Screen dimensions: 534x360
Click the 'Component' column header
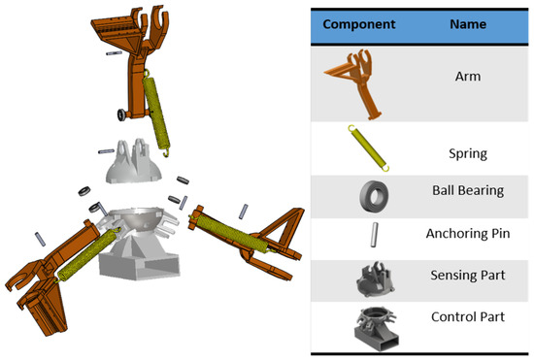(x=359, y=24)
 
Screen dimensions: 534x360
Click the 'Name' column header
(x=468, y=24)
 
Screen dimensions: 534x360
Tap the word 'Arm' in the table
(x=468, y=77)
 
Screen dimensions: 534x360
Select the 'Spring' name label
(x=468, y=153)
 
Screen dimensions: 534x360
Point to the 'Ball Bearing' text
(x=468, y=190)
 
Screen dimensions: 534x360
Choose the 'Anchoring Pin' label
(x=468, y=234)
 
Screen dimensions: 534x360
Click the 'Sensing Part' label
(x=468, y=275)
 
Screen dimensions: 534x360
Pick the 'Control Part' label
(x=468, y=316)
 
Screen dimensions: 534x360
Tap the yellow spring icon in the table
(x=369, y=148)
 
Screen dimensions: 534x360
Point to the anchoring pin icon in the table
(x=374, y=235)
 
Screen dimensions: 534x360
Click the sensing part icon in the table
(x=375, y=280)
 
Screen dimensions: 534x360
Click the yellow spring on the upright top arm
(x=156, y=113)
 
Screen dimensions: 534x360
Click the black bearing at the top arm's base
(x=121, y=115)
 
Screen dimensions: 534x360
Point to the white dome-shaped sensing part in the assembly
(x=133, y=163)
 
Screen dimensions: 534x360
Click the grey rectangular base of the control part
(x=139, y=266)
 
